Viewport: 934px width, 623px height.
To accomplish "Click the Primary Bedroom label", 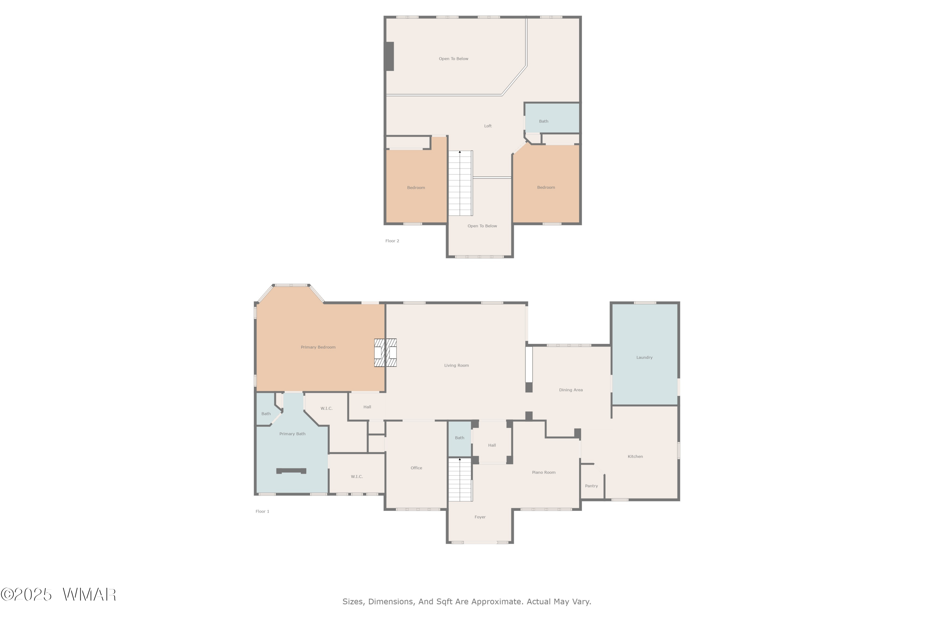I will point(318,347).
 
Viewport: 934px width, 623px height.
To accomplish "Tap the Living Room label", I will point(456,365).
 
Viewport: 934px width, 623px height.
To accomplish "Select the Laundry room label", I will point(644,358).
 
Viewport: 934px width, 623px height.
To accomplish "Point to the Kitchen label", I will point(635,457).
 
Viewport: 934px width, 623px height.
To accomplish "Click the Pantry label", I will point(591,486).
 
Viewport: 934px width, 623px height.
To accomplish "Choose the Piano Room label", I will point(544,473).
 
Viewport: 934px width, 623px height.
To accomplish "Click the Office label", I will point(416,468).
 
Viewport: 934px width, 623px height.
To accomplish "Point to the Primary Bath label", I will point(292,434).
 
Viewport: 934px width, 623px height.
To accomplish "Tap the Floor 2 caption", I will point(392,241).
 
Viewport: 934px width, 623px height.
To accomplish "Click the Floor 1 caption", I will point(262,511).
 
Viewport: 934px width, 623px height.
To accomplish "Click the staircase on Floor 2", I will point(460,183).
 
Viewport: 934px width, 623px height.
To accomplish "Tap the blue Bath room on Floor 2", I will point(552,118).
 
